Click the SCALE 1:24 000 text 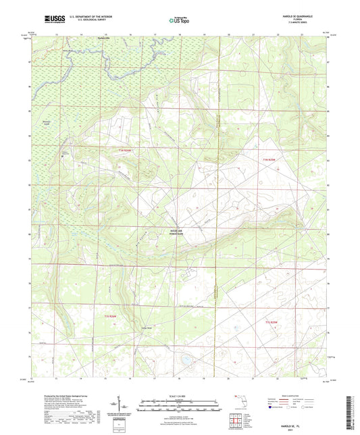click(x=180, y=395)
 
